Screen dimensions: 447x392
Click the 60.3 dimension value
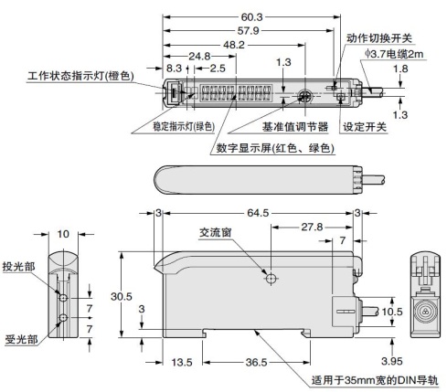pyautogui.click(x=251, y=17)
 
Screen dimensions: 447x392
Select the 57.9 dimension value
pyautogui.click(x=248, y=31)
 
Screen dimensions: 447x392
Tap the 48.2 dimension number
pyautogui.click(x=234, y=45)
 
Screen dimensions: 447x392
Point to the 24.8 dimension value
pyautogui.click(x=199, y=56)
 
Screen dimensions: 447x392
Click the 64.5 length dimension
pyautogui.click(x=258, y=213)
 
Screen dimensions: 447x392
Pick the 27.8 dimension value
pyautogui.click(x=312, y=227)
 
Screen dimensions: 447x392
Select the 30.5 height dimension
pyautogui.click(x=122, y=296)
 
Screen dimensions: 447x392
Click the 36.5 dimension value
pyautogui.click(x=256, y=362)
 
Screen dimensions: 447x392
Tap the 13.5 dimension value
pyautogui.click(x=182, y=362)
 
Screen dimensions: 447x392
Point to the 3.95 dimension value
pyautogui.click(x=392, y=361)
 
